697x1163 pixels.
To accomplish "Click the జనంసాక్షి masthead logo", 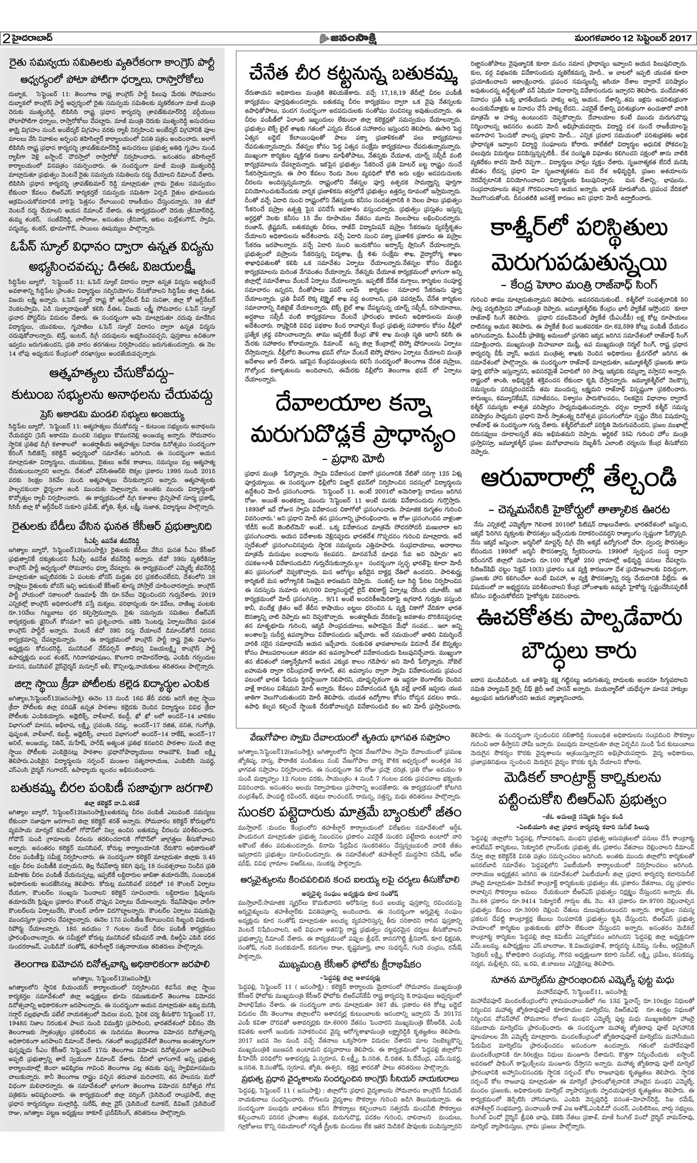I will pyautogui.click(x=348, y=38).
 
